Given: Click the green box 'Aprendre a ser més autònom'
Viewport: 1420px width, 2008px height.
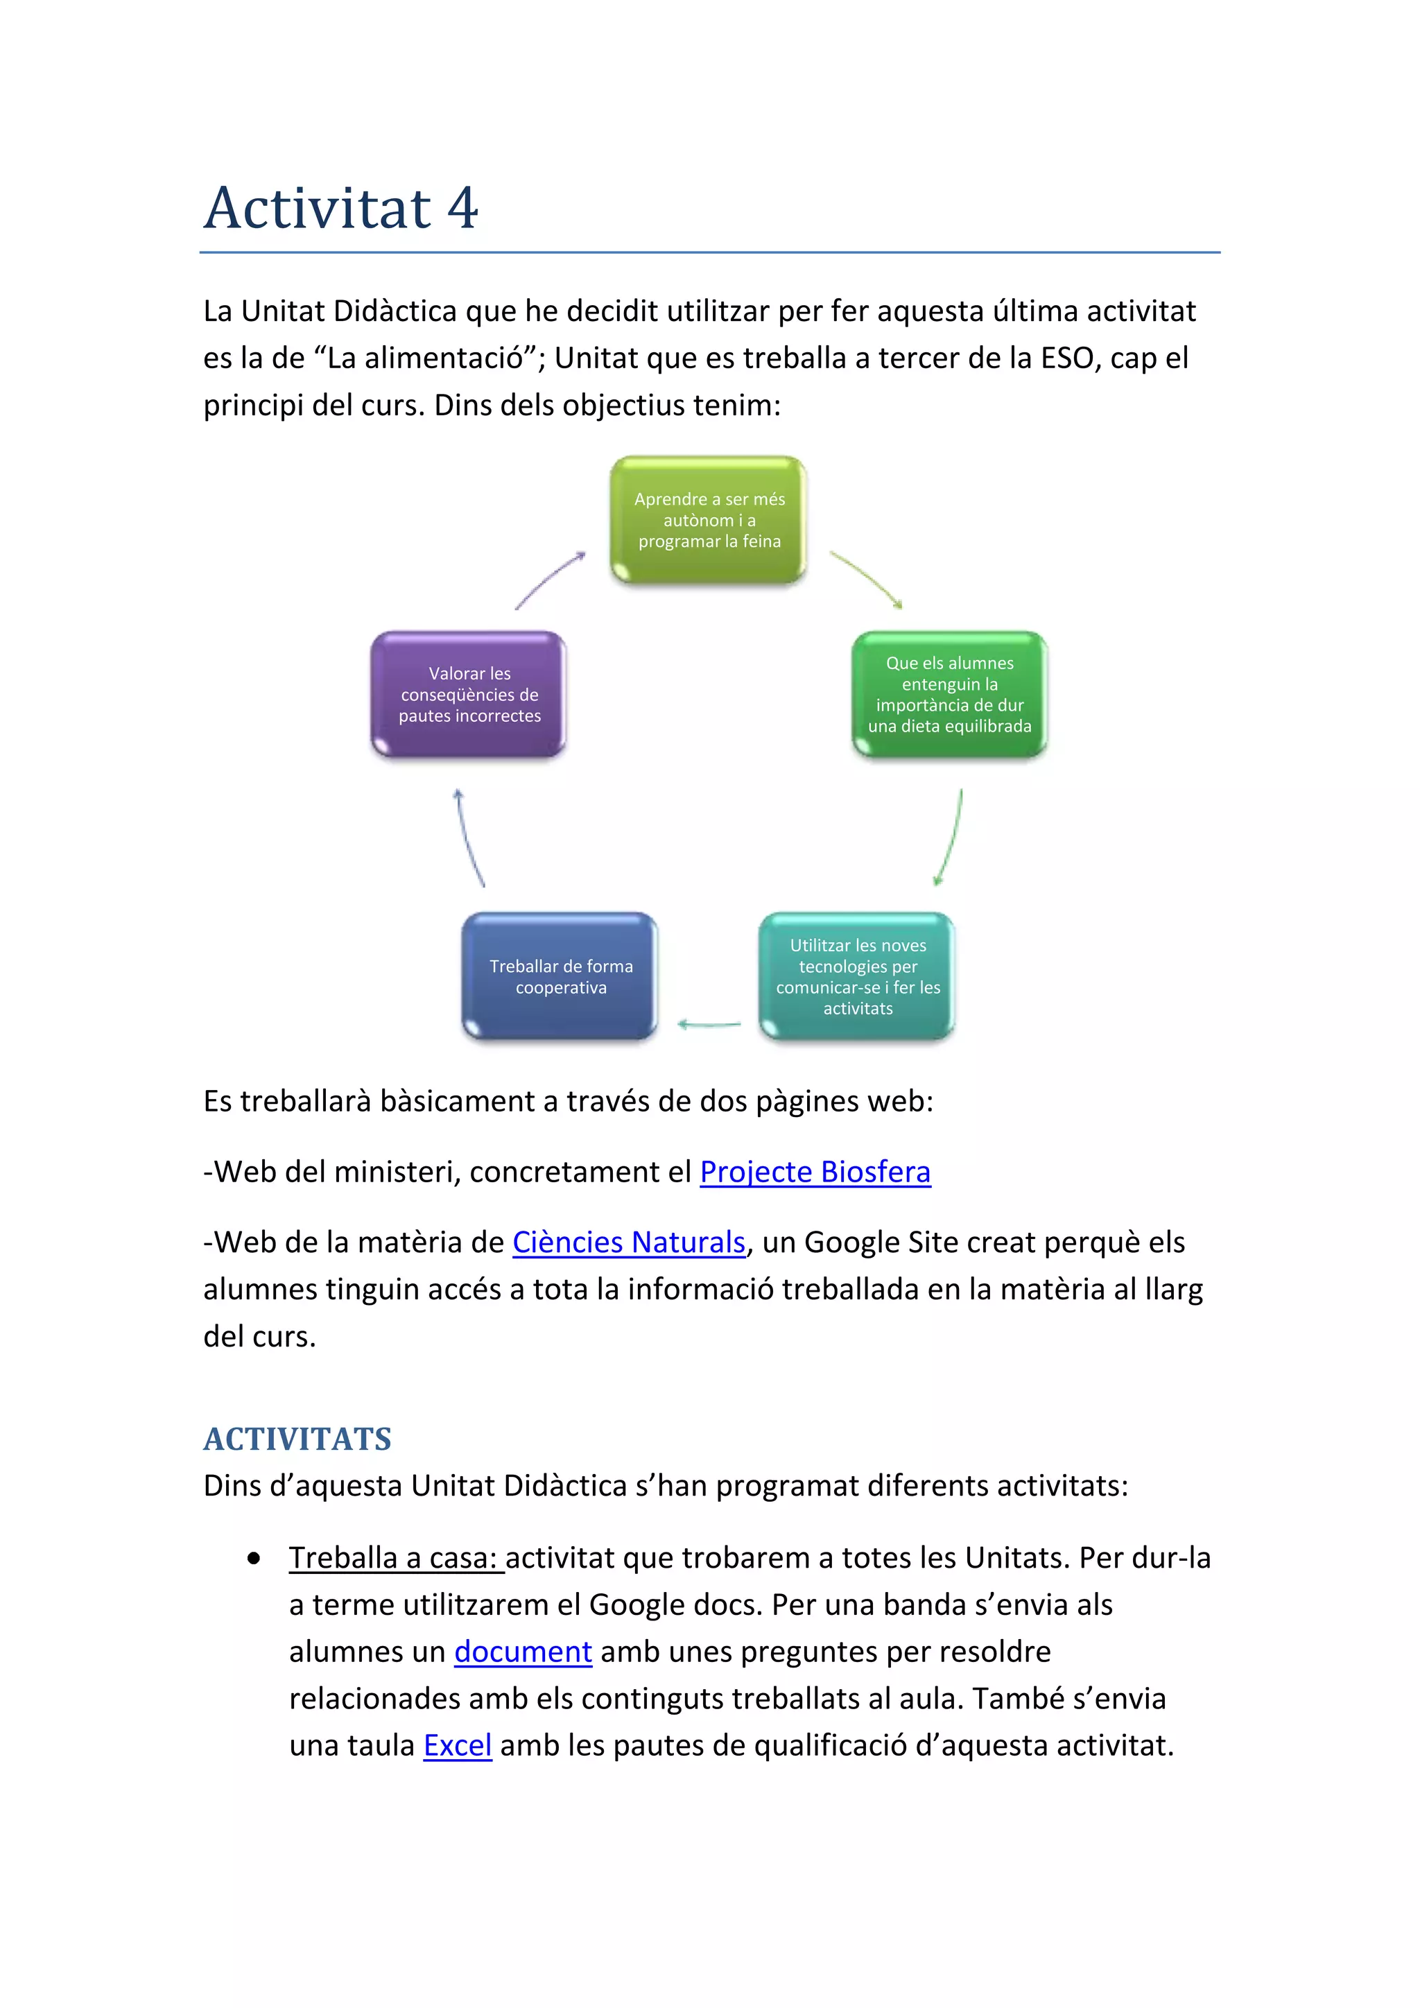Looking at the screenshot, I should tap(708, 519).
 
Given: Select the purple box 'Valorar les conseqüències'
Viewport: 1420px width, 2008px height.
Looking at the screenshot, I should tap(469, 694).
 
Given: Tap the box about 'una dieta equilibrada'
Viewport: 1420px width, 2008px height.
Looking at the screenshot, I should tap(950, 694).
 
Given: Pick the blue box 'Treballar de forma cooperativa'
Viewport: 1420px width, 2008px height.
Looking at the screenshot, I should tap(560, 977).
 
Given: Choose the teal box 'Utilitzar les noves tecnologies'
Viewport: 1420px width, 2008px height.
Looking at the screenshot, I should tap(858, 977).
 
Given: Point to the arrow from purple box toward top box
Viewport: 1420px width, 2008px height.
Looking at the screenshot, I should tap(549, 579).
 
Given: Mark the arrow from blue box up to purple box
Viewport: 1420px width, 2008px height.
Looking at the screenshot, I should tap(469, 838).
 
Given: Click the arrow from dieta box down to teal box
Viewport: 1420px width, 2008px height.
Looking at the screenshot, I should tap(951, 838).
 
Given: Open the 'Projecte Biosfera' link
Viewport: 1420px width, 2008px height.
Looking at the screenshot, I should tap(815, 1172).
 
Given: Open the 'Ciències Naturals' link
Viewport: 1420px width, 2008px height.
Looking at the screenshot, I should tap(629, 1243).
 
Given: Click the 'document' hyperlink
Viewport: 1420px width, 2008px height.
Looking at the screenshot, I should tap(523, 1652).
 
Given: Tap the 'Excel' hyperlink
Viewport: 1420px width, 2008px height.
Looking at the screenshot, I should tap(458, 1746).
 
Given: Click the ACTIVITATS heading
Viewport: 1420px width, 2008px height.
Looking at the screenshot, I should tap(297, 1439).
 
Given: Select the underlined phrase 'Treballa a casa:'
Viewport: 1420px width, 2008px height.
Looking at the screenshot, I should tap(395, 1559).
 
